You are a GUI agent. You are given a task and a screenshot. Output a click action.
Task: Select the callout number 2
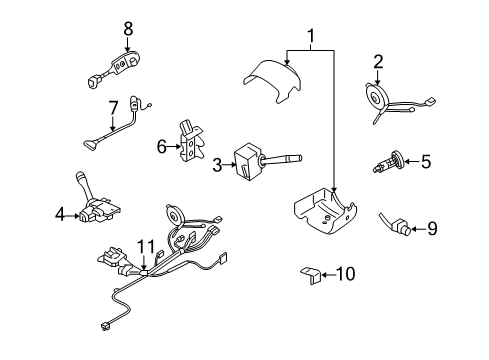tap(378, 63)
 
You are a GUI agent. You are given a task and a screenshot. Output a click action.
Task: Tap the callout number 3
tap(217, 163)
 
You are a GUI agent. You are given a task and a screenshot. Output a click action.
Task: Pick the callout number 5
tap(425, 159)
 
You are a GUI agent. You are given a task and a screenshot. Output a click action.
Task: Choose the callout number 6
tap(161, 146)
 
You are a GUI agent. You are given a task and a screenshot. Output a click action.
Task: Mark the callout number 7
tap(113, 108)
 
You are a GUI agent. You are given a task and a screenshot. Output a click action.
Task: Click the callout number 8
tap(127, 29)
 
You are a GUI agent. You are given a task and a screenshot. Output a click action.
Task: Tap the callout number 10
tap(347, 273)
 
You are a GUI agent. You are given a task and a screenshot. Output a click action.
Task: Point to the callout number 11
tap(146, 246)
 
